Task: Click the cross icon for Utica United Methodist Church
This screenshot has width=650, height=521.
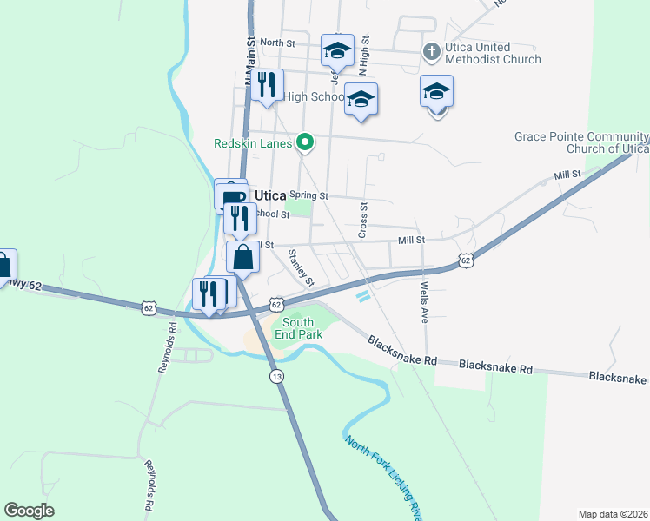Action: [430, 51]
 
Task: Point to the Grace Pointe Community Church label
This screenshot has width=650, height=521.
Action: [581, 142]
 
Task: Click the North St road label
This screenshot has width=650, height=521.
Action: [277, 42]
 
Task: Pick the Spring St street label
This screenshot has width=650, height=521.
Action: [308, 195]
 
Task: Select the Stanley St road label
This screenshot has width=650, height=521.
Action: [301, 267]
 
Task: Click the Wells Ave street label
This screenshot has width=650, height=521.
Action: [424, 300]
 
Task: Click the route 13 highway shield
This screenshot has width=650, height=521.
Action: [276, 376]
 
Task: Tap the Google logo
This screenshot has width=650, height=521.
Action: [30, 511]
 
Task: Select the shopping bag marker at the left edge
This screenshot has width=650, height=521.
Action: [3, 264]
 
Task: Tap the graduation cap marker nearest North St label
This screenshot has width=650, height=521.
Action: [336, 49]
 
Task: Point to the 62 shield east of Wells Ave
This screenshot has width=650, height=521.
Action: [467, 260]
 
